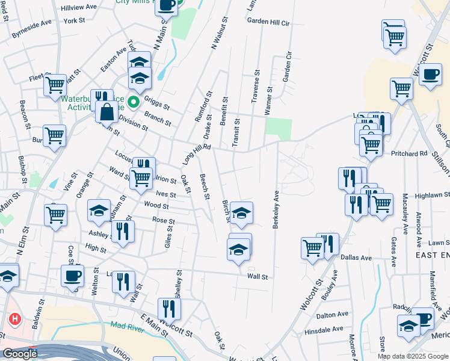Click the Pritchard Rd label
point(411,153)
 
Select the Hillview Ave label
point(79,7)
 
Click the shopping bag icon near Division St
point(106,111)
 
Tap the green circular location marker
point(133,101)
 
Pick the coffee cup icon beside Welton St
point(72,276)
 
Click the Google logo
point(20,354)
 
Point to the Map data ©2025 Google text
point(413,356)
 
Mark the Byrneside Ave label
point(32,30)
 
